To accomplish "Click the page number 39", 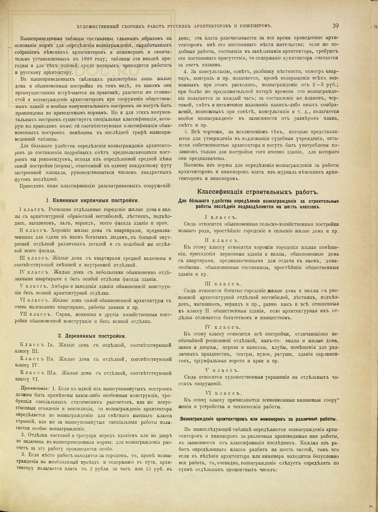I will [x=335, y=26].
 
